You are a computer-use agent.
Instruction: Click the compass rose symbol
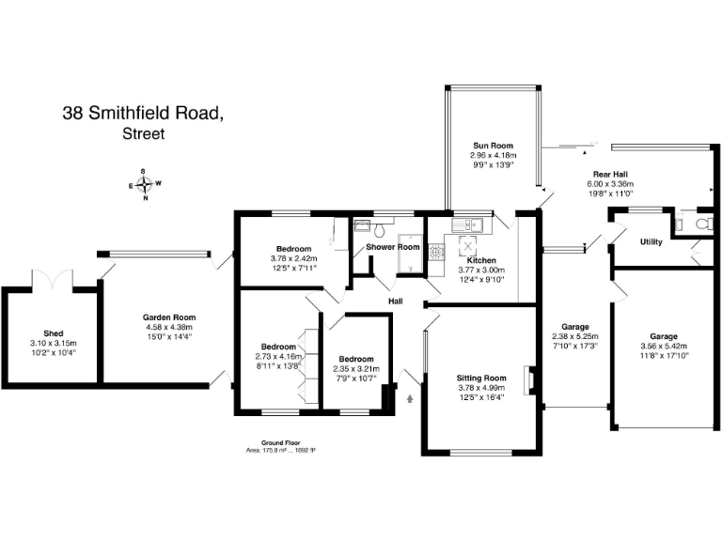click(145, 184)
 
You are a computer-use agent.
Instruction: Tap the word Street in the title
click(143, 134)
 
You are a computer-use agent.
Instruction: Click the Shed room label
click(53, 333)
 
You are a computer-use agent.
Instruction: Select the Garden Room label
click(169, 317)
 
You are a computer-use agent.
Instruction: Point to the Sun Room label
click(493, 146)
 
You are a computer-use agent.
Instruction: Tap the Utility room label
click(651, 241)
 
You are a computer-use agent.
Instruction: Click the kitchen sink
click(466, 225)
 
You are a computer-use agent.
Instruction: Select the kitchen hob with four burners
click(436, 252)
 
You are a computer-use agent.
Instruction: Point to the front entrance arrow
click(410, 397)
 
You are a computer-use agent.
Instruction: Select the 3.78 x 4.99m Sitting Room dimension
click(480, 387)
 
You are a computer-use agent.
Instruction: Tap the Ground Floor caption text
click(280, 442)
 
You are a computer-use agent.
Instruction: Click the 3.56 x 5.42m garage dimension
click(663, 345)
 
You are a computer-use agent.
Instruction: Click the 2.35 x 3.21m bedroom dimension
click(356, 369)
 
